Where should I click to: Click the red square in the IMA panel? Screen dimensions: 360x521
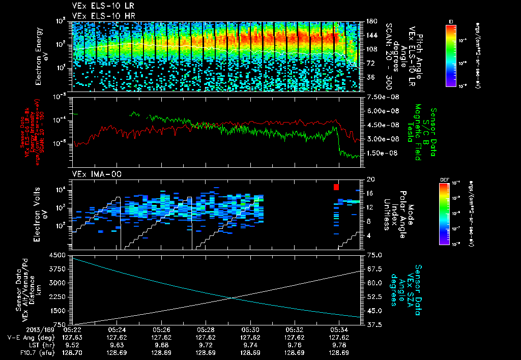[x=336, y=187]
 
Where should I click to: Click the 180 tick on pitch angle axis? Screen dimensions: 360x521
[x=371, y=21]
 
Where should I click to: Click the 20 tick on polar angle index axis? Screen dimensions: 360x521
[x=370, y=179]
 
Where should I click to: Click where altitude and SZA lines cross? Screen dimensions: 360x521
[x=232, y=298]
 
